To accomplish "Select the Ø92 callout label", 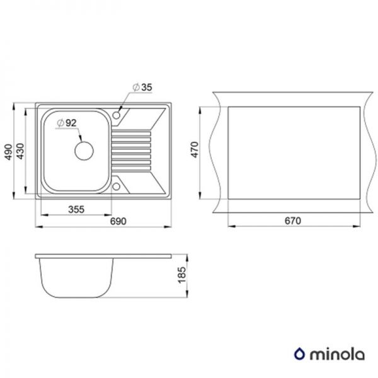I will pos(66,123).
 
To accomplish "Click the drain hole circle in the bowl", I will pos(84,151).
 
